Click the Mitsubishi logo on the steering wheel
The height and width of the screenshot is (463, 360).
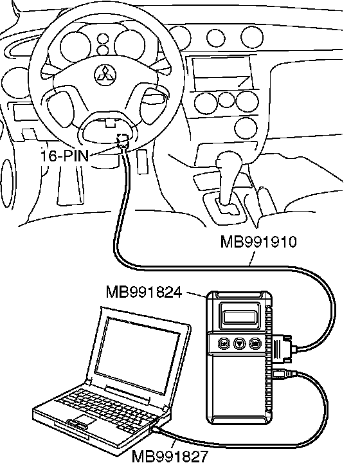[105, 75]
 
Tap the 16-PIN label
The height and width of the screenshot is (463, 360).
[65, 156]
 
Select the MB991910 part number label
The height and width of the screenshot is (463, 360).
[258, 242]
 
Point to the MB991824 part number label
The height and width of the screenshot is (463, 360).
[144, 293]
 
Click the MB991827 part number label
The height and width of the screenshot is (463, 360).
[170, 456]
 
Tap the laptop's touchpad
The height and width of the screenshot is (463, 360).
[84, 420]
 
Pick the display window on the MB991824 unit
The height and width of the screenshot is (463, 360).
[240, 318]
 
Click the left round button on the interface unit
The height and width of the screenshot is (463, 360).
[224, 343]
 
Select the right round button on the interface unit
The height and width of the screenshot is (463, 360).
[255, 343]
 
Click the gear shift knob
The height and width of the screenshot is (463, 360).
[229, 161]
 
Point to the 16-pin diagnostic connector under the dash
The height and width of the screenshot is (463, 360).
[123, 141]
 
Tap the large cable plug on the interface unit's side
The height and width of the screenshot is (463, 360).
[283, 349]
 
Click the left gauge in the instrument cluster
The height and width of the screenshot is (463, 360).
[76, 46]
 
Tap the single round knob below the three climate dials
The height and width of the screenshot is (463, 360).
[246, 128]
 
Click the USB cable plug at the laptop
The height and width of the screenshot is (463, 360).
[157, 430]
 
